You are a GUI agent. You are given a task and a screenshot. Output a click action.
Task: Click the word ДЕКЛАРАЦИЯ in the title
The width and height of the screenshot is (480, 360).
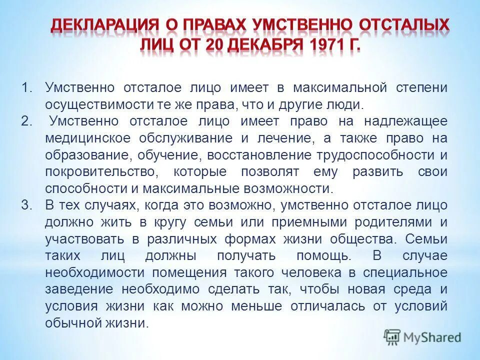[100, 25]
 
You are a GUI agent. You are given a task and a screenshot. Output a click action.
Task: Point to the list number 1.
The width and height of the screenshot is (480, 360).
[25, 88]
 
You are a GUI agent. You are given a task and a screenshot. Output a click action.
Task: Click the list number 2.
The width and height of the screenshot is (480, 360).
[25, 121]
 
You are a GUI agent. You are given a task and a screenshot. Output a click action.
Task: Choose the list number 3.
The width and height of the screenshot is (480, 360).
[25, 205]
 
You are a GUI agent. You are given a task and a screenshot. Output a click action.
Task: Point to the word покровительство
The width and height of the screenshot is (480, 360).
[102, 172]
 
